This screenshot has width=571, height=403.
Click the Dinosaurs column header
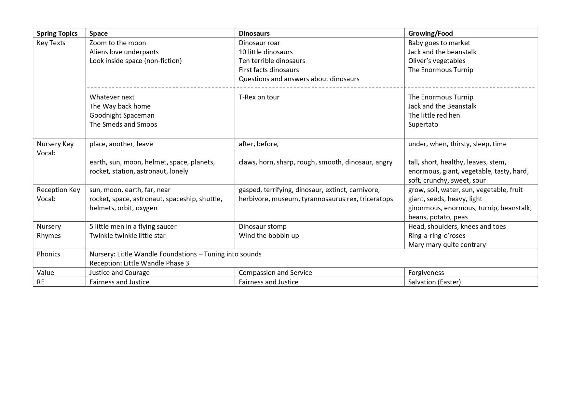pos(254,33)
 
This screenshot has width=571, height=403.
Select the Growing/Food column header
pos(430,33)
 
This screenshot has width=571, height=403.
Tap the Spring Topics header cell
pos(57,33)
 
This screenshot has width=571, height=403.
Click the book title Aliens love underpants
pos(124,52)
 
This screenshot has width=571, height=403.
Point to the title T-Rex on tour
pos(259,97)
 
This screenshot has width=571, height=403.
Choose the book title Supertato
pos(423,124)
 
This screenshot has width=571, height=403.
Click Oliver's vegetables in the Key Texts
pos(437,61)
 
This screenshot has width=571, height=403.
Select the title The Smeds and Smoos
pos(123,124)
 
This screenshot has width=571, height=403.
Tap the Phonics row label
pos(48,254)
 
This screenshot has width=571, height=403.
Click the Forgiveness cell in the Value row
pos(426,273)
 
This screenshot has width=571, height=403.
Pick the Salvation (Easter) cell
pos(434,282)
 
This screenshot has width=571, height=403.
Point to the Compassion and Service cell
pos(275,273)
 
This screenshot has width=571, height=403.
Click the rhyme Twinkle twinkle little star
pos(127,236)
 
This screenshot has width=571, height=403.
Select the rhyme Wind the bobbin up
pos(268,236)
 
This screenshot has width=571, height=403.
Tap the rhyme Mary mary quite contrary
pos(447,245)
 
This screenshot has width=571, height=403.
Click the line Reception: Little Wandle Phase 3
pos(139,263)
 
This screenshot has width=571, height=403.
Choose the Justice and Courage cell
pos(119,273)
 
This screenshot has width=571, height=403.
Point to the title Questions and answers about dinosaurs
pos(299,79)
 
